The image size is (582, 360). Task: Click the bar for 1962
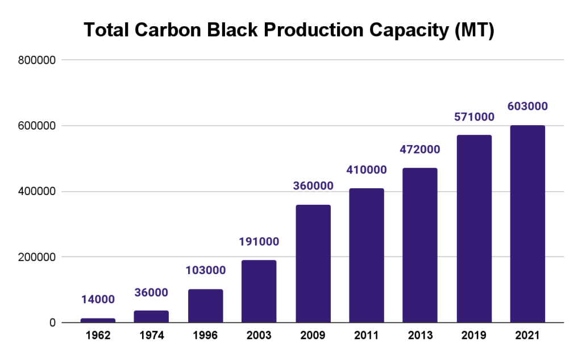98,320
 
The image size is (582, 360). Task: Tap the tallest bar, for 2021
527,224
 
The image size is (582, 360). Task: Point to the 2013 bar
420,245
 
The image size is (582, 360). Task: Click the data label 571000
473,117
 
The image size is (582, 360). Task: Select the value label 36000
151,292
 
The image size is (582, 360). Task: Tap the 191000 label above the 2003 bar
259,242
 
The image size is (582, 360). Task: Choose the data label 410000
366,169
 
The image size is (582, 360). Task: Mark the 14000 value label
98,299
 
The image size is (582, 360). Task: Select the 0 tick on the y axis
52,323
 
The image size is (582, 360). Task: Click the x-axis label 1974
151,336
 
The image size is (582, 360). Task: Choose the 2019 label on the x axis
473,336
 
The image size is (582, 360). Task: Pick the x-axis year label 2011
366,336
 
